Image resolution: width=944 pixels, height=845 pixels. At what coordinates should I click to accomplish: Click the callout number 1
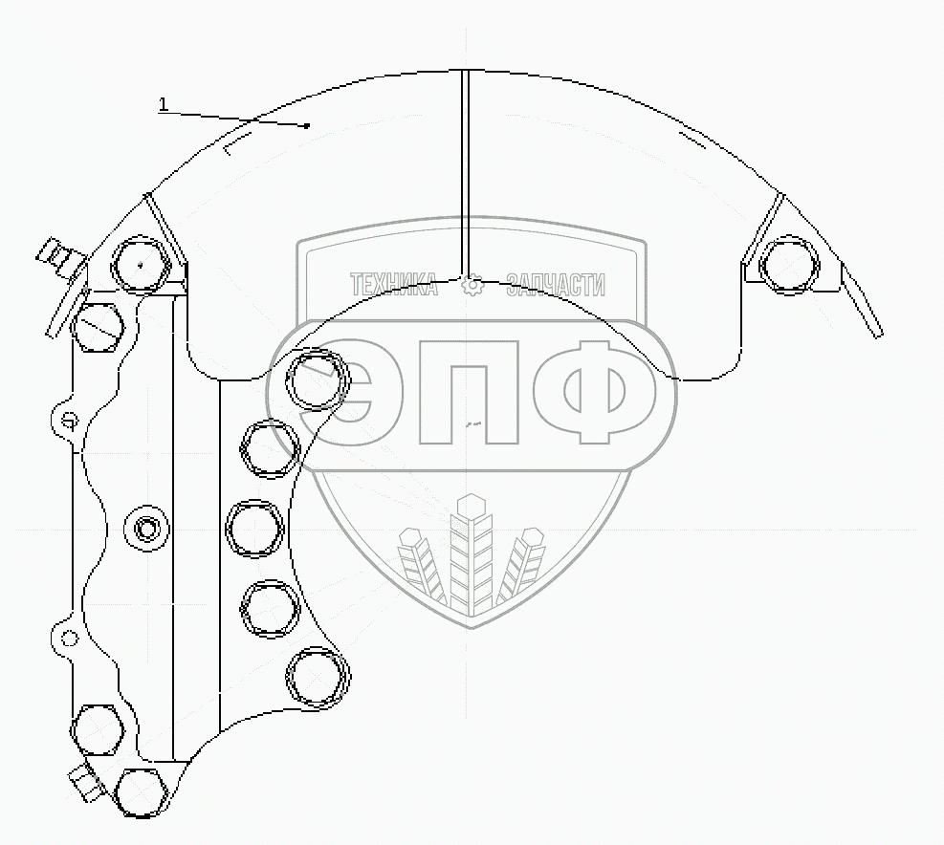(x=164, y=104)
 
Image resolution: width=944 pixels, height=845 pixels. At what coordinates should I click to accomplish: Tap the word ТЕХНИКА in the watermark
(x=393, y=285)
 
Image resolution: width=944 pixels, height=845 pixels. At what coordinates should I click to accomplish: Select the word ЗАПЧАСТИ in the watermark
(x=556, y=285)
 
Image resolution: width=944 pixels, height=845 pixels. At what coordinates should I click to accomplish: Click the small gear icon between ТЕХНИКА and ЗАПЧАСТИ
(x=472, y=286)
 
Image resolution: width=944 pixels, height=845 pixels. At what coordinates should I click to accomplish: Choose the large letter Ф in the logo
(x=594, y=392)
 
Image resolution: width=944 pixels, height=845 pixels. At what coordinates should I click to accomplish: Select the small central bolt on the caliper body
(x=146, y=528)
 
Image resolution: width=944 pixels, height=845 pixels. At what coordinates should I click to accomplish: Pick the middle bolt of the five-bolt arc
(x=254, y=528)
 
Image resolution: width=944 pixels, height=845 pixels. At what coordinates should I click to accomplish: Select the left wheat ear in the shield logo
(x=421, y=566)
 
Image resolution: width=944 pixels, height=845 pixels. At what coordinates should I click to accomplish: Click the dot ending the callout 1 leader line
(x=307, y=125)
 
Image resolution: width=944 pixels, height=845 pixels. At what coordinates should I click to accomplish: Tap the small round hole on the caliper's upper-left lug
(x=69, y=419)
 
